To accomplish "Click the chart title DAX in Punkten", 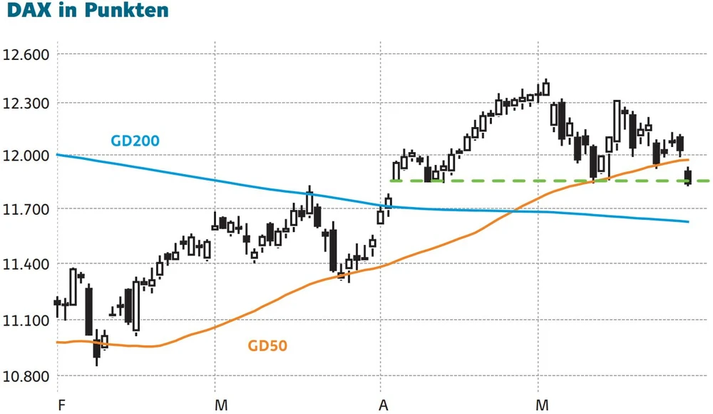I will coord(85,11).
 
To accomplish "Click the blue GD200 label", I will coord(135,141).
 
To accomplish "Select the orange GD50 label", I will coord(267,347).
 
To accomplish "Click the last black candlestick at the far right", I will coord(688,176).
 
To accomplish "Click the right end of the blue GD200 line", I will coord(688,221).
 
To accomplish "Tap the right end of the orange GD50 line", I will coord(688,160).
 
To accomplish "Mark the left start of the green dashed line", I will coord(391,181).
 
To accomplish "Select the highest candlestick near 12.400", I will coord(546,89).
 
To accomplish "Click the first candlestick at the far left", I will coord(57,303).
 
